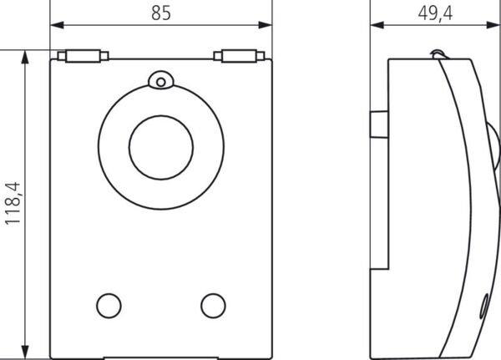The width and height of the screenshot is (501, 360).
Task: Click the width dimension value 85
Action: click(x=161, y=13)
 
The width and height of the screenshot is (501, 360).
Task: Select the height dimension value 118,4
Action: click(x=13, y=204)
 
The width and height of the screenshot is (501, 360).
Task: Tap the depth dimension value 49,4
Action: click(x=435, y=13)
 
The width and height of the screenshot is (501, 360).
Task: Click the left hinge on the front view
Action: click(x=83, y=56)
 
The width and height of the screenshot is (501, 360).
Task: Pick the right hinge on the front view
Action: click(x=239, y=56)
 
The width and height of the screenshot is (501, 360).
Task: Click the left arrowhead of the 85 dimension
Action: click(x=57, y=25)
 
